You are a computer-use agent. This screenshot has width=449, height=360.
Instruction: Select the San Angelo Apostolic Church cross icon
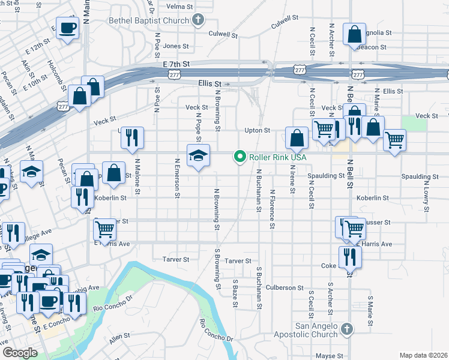pos(346,329)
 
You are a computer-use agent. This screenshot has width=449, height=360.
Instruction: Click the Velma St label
pos(179,7)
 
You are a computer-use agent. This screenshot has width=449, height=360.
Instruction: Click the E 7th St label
pos(176,64)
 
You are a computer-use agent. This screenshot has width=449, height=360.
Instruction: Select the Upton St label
pos(258,130)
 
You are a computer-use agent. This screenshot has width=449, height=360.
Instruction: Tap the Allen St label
pos(119,340)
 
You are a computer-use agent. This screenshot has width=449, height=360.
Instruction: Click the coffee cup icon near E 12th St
pos(68,27)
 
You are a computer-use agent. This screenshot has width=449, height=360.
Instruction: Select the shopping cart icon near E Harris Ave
pos(105,229)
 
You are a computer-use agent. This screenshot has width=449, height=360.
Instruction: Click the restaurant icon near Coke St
pos(349,257)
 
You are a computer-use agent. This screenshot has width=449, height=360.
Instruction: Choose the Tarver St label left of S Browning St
pos(176,260)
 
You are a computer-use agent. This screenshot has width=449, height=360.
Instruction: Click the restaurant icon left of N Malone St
pos(131,137)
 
